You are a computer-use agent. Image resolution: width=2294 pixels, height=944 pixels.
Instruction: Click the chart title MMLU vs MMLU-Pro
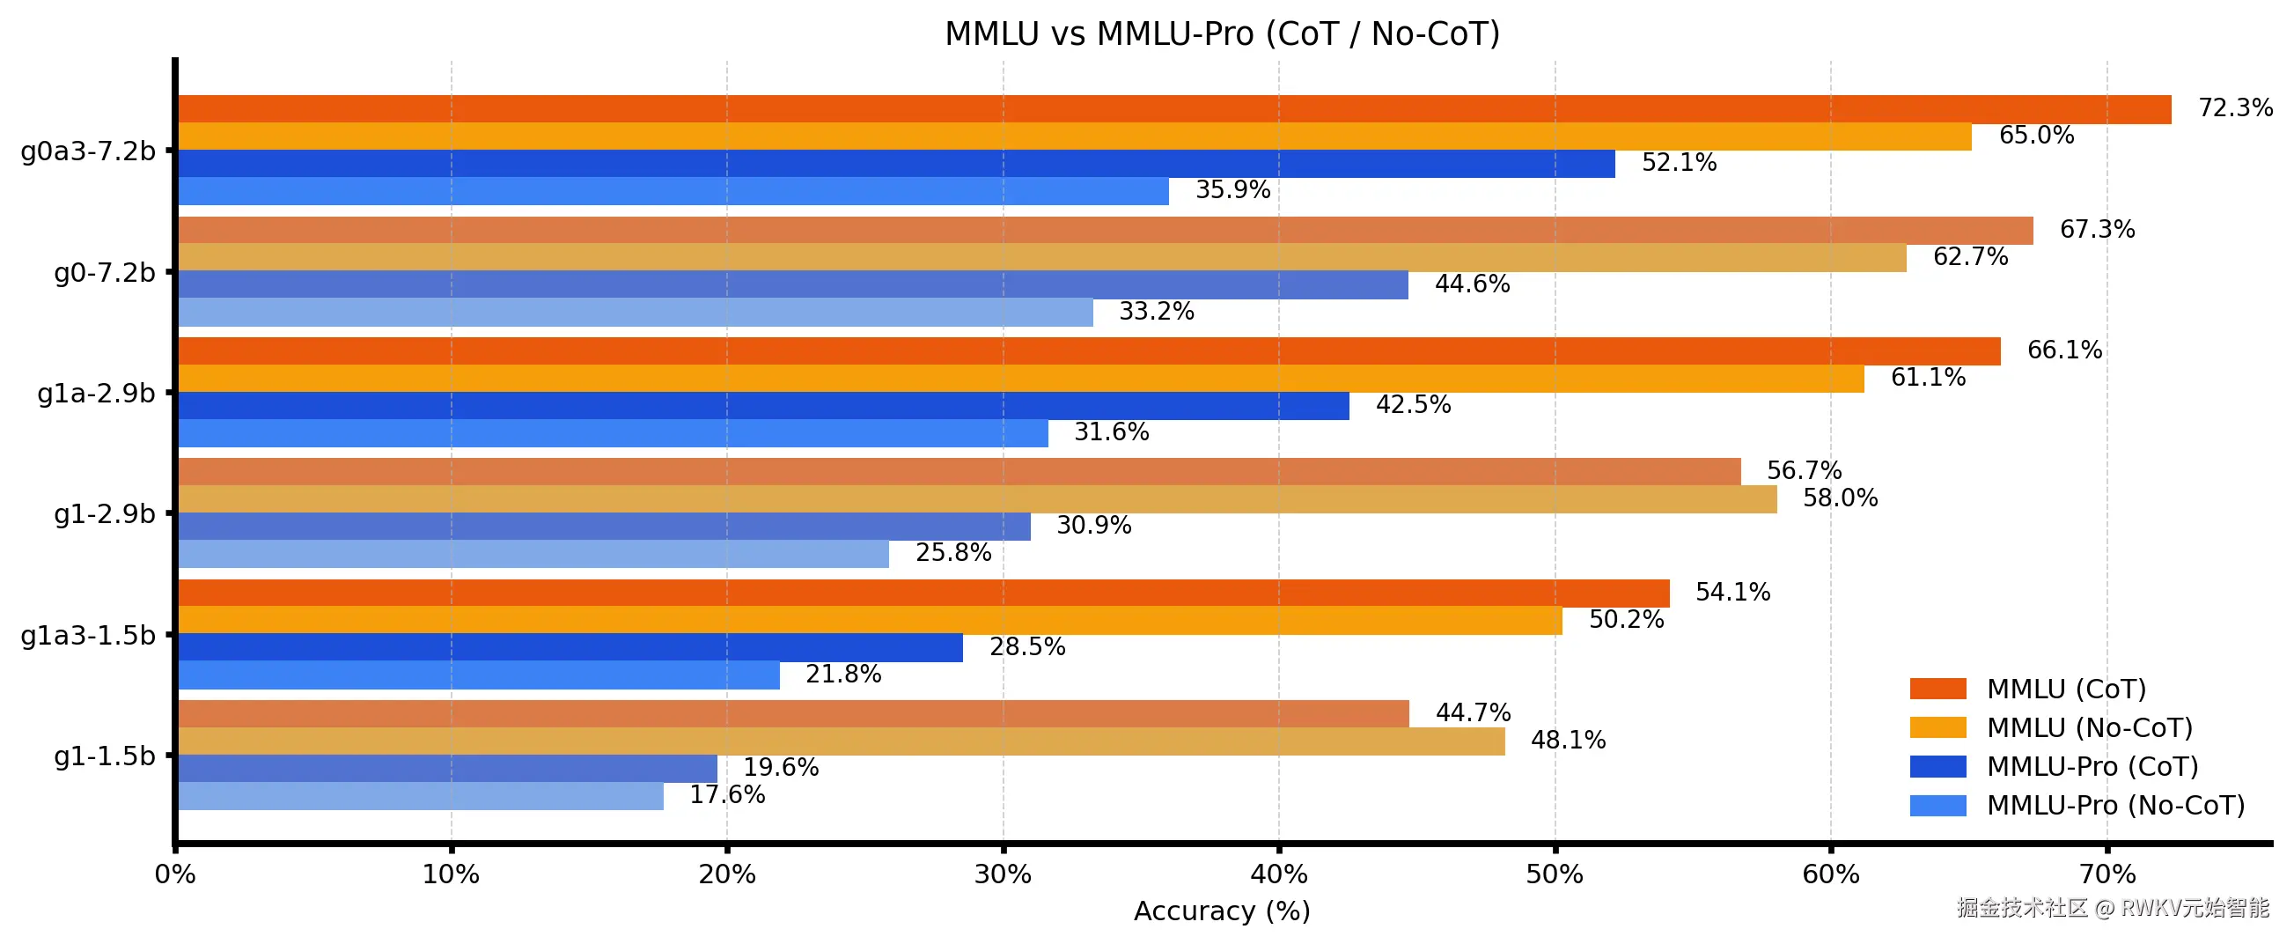(1222, 33)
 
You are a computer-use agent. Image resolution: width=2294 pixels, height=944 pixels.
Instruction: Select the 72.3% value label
(2234, 107)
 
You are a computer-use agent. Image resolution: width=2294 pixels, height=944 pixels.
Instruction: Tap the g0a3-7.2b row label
(87, 151)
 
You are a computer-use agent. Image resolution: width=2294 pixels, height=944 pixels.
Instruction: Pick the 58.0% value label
(1840, 498)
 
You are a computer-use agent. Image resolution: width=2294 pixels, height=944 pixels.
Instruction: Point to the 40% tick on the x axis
(1278, 874)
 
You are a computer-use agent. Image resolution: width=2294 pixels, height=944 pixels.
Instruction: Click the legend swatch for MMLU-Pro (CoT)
(1937, 767)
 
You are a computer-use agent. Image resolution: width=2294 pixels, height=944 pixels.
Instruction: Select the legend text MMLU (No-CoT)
(2089, 728)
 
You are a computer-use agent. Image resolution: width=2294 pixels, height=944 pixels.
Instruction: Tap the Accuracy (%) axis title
(1222, 911)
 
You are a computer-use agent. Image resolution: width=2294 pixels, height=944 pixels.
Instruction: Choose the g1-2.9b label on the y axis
(104, 515)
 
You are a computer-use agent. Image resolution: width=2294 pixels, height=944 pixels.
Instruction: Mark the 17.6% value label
(727, 794)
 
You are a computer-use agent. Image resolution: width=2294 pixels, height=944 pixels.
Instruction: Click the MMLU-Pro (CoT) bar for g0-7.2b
(792, 285)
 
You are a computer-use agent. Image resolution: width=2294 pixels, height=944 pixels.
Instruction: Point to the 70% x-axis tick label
(2107, 874)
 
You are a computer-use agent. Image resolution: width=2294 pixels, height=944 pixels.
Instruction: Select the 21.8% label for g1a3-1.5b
(842, 675)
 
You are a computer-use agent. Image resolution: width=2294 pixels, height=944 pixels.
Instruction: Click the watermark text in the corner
(2113, 908)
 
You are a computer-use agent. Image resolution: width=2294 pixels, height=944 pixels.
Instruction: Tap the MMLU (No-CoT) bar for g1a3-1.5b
(869, 621)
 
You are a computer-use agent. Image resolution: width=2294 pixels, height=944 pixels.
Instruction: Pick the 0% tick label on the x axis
(175, 874)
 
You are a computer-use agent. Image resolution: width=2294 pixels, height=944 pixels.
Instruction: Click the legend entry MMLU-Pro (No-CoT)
(2115, 806)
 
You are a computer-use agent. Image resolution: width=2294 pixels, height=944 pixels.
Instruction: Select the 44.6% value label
(1471, 284)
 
